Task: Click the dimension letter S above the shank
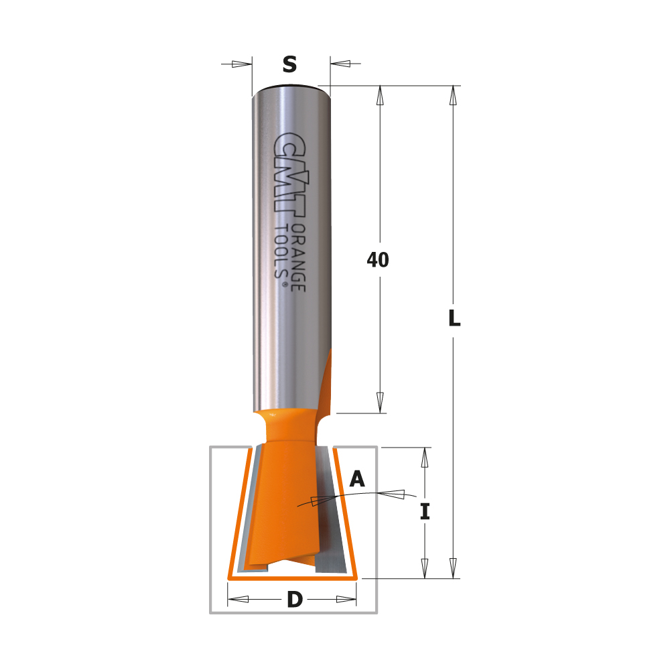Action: tap(289, 64)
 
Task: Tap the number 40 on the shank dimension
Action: tap(378, 260)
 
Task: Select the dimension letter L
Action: tap(454, 318)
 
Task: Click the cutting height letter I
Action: tap(425, 511)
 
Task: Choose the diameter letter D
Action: tap(295, 599)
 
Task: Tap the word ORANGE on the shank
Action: tap(298, 258)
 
